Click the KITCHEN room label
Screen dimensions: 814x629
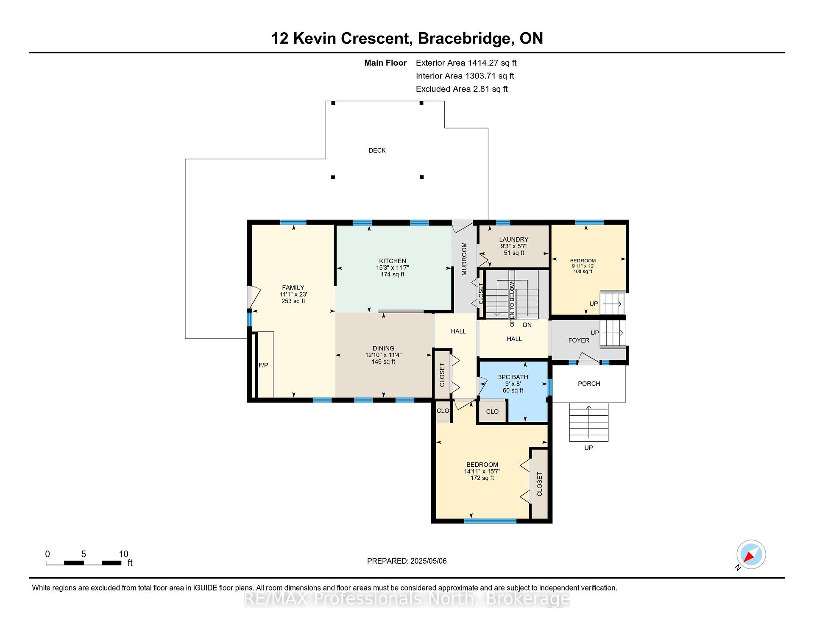(x=393, y=261)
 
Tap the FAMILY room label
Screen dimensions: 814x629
(x=293, y=288)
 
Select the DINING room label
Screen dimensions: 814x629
(x=383, y=348)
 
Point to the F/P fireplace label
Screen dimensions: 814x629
(x=263, y=365)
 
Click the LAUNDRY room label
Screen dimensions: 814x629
(x=514, y=239)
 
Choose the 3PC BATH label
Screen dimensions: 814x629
(x=513, y=377)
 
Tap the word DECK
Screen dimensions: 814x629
(x=377, y=150)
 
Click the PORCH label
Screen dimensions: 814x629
(x=589, y=384)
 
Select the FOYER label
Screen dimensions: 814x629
(x=579, y=340)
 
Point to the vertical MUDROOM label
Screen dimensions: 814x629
(x=464, y=259)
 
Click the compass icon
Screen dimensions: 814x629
(x=751, y=554)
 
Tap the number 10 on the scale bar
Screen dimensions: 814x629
(x=123, y=554)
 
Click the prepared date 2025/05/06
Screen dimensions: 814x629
(x=429, y=561)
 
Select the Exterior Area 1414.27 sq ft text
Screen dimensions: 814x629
(x=466, y=63)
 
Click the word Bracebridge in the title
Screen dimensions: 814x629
(x=464, y=39)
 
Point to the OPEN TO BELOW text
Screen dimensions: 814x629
(x=512, y=304)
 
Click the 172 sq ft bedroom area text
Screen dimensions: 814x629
(x=482, y=478)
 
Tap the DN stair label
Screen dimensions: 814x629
(x=527, y=325)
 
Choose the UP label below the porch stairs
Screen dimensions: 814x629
(x=588, y=448)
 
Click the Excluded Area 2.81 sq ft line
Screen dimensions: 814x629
(x=462, y=89)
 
